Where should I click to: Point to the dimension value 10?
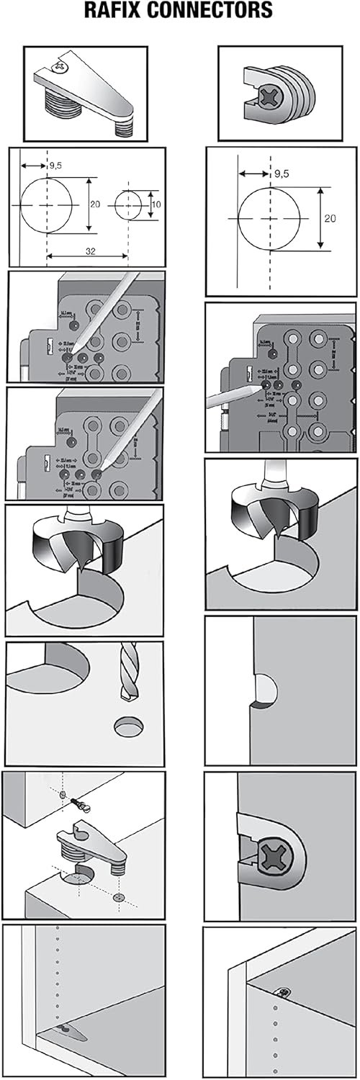tap(157, 205)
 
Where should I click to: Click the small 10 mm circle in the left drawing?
tap(128, 205)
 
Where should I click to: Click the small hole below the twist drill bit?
tap(129, 725)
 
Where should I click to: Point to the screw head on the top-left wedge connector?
tap(61, 68)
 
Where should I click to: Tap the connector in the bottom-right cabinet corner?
tap(287, 994)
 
